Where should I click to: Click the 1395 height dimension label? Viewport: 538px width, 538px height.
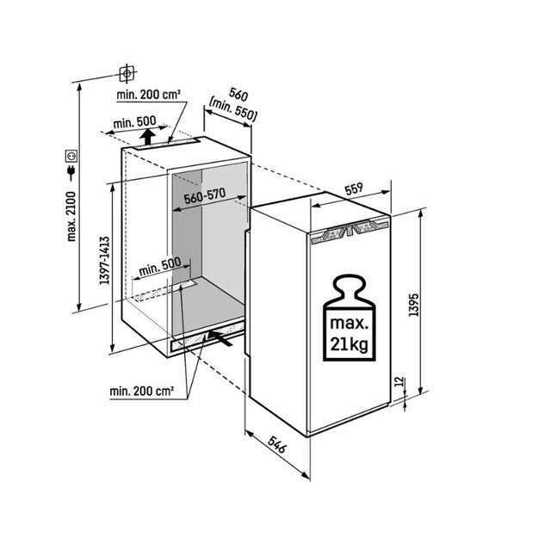pos(414,305)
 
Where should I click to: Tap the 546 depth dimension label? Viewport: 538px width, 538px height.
pos(277,444)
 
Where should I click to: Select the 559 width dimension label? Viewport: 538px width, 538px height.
pos(354,189)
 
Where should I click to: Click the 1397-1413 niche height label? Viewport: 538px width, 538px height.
pos(104,261)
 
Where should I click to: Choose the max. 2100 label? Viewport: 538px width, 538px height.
pos(71,217)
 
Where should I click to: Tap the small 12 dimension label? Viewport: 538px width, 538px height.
pos(399,381)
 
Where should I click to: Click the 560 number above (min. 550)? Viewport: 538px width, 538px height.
pos(238,95)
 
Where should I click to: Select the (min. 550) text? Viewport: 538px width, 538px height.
pos(233,110)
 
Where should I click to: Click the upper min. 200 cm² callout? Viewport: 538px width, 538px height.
pos(149,95)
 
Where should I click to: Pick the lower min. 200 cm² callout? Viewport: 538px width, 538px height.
pos(142,391)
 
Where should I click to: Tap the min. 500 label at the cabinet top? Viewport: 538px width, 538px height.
pos(134,122)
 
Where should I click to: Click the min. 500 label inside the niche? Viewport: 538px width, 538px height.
pos(160,267)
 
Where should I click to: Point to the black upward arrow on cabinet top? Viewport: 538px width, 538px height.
pos(147,137)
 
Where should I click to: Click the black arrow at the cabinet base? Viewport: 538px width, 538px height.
pos(220,338)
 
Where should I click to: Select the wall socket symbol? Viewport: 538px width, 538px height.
pos(71,156)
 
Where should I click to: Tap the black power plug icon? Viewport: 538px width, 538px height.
pos(71,172)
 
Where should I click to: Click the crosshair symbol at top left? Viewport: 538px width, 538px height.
pos(127,73)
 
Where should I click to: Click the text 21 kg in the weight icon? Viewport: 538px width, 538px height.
pos(349,344)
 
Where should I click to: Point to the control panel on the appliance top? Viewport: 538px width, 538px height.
pos(350,231)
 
